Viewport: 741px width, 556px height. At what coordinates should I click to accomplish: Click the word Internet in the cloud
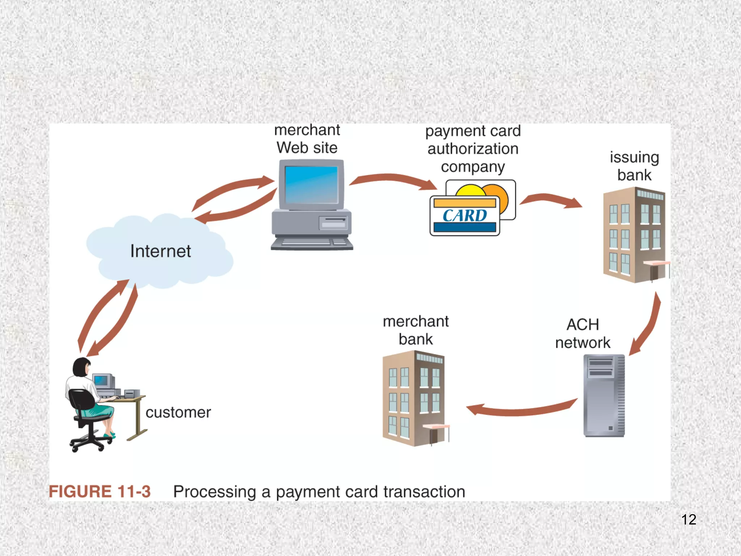pos(160,251)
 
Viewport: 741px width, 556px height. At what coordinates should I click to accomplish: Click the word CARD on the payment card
pos(465,216)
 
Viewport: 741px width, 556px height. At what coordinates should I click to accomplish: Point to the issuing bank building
pos(634,235)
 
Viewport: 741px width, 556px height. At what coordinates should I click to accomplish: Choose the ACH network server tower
pos(604,396)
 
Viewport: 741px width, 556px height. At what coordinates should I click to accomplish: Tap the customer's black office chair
pos(85,416)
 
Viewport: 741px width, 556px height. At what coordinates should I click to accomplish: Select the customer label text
pos(178,413)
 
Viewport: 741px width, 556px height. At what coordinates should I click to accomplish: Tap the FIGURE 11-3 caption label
pos(99,492)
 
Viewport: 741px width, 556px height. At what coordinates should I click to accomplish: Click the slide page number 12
pos(689,520)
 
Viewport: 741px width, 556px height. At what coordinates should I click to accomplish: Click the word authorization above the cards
pos(473,149)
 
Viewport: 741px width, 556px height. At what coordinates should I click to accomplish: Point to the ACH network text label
pos(583,333)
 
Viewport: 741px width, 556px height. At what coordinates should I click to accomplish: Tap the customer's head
pos(82,367)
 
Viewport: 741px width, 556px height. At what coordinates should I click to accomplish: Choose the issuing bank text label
pos(634,166)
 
